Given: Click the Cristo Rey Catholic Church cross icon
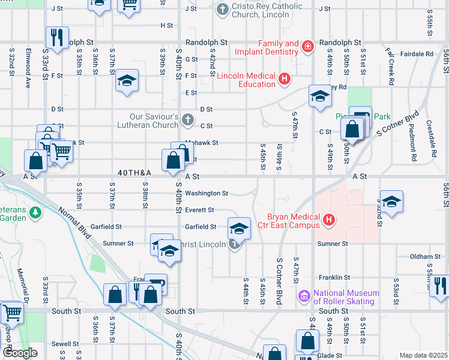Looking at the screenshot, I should [x=223, y=10].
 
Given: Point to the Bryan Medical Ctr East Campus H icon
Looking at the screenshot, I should [x=328, y=221].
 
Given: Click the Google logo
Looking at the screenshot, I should [x=20, y=352].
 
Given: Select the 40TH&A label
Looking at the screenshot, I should [x=134, y=173].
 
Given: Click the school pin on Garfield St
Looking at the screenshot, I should [x=239, y=227].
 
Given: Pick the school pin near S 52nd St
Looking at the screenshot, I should [x=391, y=202].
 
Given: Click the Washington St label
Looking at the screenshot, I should [x=206, y=193].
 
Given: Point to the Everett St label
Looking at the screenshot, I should [x=199, y=210].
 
